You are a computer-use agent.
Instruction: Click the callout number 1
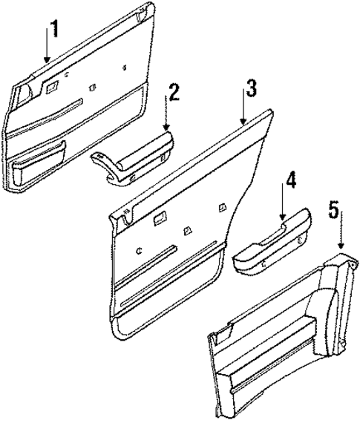(51, 30)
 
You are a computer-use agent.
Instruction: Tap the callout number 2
(173, 93)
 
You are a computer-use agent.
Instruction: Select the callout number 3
(252, 89)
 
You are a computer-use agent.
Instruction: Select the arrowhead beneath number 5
(341, 249)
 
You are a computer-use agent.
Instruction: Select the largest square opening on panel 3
(160, 218)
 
